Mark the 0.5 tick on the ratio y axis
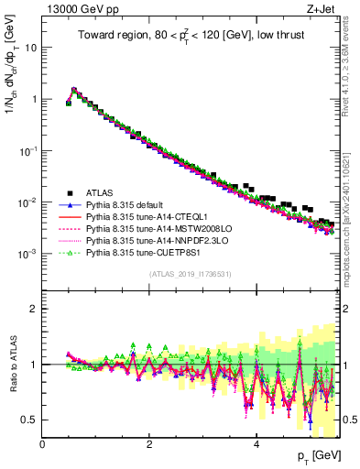(x=30, y=420)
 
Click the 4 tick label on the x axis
(x=256, y=444)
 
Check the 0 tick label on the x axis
(x=43, y=444)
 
